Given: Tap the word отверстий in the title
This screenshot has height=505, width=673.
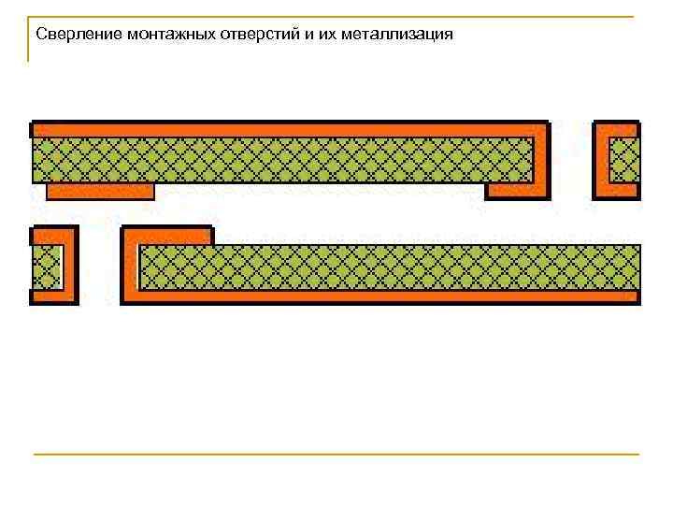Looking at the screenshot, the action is [248, 35].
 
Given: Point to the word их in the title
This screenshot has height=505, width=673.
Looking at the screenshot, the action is [308, 35].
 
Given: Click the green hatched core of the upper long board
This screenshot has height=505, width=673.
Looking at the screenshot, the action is [280, 160].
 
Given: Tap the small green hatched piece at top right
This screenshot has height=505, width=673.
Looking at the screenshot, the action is [623, 160].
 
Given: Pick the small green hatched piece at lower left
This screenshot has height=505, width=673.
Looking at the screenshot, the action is [45, 267].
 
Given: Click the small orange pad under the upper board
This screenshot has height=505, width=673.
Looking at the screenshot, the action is [100, 191].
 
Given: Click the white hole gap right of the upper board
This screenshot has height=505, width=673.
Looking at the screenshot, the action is [571, 160].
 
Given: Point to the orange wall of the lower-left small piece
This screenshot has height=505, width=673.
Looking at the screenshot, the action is [69, 267].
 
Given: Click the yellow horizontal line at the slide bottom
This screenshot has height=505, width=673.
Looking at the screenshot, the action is [336, 454].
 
